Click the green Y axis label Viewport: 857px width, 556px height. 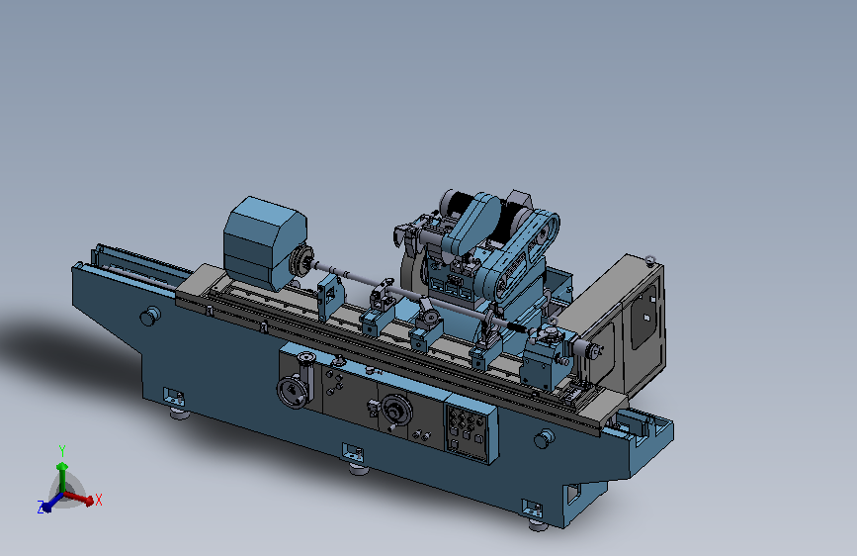[x=62, y=451]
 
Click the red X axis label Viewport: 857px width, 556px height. [x=99, y=500]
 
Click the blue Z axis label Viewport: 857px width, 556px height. [x=41, y=508]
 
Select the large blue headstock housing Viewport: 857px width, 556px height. [x=265, y=240]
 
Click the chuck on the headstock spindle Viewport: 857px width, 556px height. [x=301, y=260]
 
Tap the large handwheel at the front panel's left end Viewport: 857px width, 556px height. [x=293, y=392]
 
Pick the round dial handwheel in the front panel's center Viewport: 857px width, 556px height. [x=395, y=411]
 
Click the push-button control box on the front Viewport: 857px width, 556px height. [x=471, y=433]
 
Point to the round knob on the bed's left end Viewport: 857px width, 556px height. [x=150, y=316]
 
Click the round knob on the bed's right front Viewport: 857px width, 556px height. [x=545, y=438]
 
